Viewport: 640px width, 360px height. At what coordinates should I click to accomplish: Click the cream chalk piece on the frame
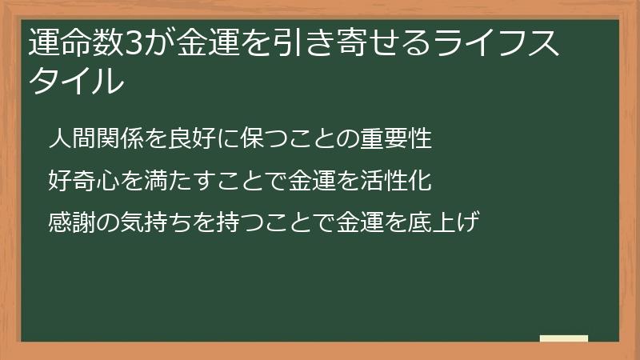coord(563,339)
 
